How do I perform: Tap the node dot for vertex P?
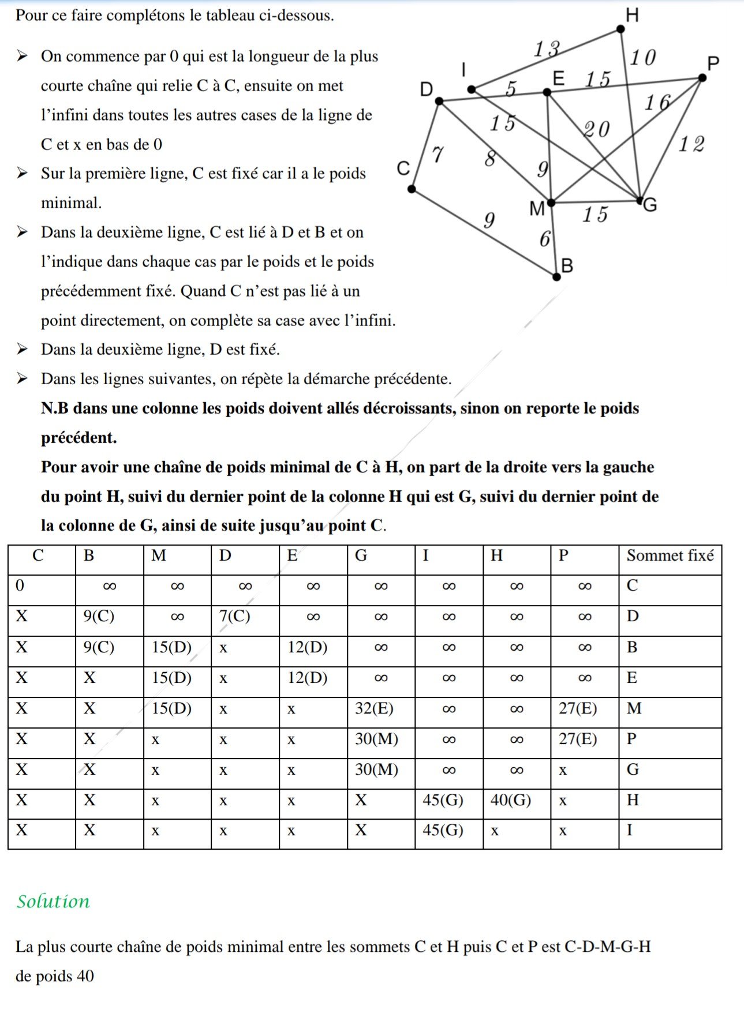click(x=702, y=77)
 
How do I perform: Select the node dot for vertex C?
click(x=411, y=189)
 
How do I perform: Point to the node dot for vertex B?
click(x=556, y=277)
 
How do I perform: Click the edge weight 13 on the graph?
click(x=546, y=50)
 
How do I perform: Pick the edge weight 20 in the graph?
click(x=596, y=129)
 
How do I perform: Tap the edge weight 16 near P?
click(x=658, y=103)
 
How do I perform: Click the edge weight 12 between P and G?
click(x=691, y=144)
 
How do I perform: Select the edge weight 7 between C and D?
click(x=438, y=154)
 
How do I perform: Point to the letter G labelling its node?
click(x=650, y=205)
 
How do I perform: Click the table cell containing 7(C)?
click(x=235, y=616)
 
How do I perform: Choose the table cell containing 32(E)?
click(x=374, y=708)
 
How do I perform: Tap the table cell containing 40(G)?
click(x=510, y=800)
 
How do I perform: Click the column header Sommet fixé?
click(x=670, y=555)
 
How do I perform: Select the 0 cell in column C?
click(x=20, y=585)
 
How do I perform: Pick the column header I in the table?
click(x=426, y=555)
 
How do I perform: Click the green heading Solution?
click(x=53, y=901)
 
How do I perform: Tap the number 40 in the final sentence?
click(x=85, y=976)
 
